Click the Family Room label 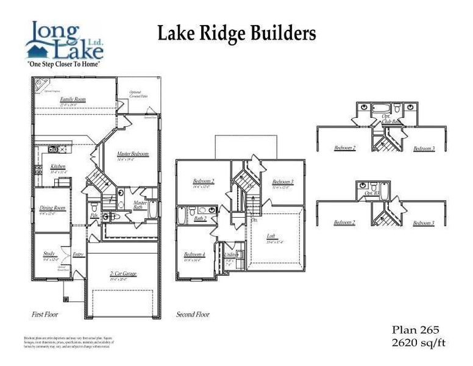(x=73, y=99)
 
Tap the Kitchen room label (x=58, y=166)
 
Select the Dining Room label (x=52, y=208)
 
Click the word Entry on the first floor (x=78, y=254)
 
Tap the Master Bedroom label (x=133, y=154)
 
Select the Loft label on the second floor (x=271, y=236)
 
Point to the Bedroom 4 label (x=194, y=254)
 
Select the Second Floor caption (x=193, y=315)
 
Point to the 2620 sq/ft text (x=418, y=343)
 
